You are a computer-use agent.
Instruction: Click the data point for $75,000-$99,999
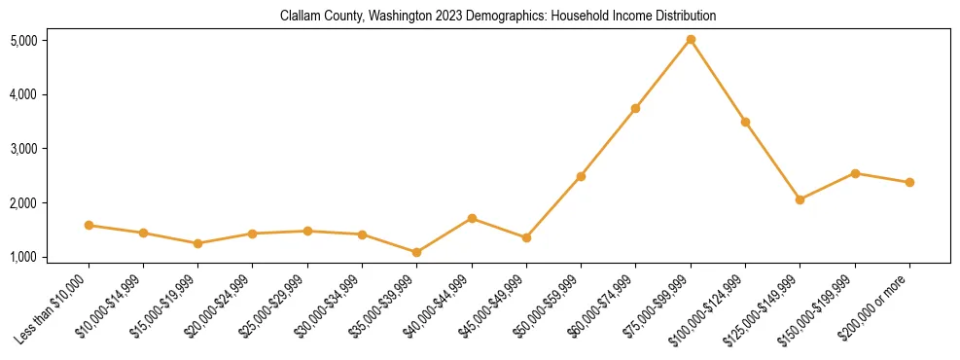tap(691, 40)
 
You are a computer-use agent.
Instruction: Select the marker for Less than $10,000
tap(89, 225)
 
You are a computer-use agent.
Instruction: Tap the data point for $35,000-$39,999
tap(417, 252)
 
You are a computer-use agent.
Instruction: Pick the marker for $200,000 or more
tap(909, 182)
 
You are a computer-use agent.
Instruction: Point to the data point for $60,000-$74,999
tap(635, 108)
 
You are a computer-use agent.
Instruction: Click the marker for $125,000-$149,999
tap(800, 199)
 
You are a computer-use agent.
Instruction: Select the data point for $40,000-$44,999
tap(472, 218)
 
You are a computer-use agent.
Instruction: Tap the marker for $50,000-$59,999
tap(581, 176)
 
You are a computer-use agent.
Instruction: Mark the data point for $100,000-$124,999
tap(745, 122)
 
